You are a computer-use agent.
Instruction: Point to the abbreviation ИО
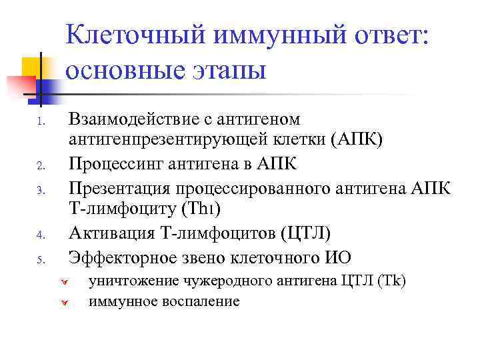point(339,257)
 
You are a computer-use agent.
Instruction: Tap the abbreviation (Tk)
point(391,281)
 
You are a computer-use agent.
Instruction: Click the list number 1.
point(41,122)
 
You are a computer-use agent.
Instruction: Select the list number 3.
point(41,191)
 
